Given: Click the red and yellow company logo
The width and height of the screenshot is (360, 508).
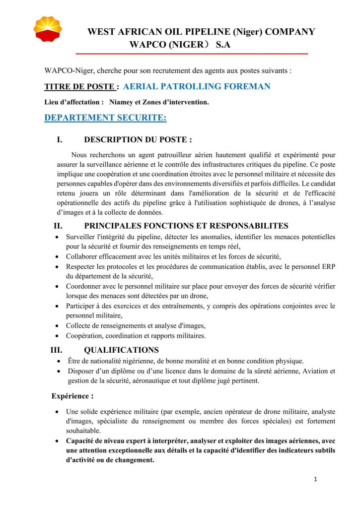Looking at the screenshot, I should click(x=48, y=30).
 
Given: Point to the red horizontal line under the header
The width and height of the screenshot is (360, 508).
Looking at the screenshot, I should click(x=191, y=54).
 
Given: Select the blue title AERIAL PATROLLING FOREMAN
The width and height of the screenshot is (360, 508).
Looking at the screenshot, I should click(x=197, y=86).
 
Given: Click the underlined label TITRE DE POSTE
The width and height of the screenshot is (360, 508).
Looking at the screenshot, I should click(x=79, y=87).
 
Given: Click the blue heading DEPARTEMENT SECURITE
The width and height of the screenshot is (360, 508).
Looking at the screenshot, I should click(x=105, y=118).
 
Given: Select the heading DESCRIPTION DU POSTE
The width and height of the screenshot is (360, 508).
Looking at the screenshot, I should click(x=138, y=140).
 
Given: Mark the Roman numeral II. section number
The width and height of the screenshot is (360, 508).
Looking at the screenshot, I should click(x=58, y=226).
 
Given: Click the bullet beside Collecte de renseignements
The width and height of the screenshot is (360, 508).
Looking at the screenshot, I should click(x=59, y=326).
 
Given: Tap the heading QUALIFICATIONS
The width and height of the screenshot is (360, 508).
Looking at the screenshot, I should click(x=122, y=350).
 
